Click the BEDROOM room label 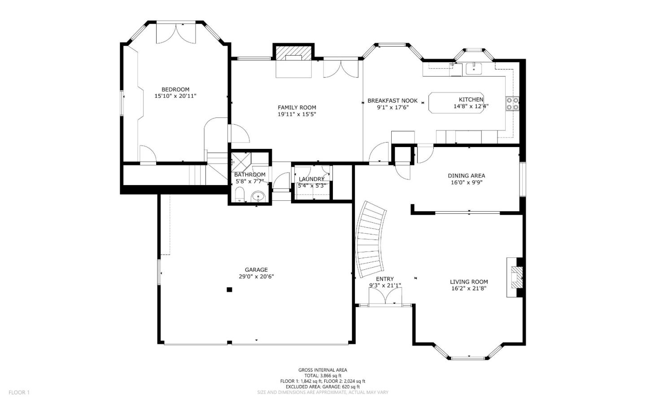click(175, 89)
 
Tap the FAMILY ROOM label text click(297, 107)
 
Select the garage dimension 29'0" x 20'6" click(256, 277)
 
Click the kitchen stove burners click(512, 104)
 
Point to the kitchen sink click(473, 69)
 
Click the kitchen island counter click(456, 103)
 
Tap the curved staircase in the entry click(371, 239)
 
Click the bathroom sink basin click(258, 196)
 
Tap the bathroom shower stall click(241, 161)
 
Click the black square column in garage click(229, 290)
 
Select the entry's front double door click(385, 297)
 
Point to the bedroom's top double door click(176, 34)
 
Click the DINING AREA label click(466, 176)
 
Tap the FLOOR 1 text click(19, 392)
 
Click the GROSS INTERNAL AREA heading click(323, 370)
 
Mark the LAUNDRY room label click(311, 179)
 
